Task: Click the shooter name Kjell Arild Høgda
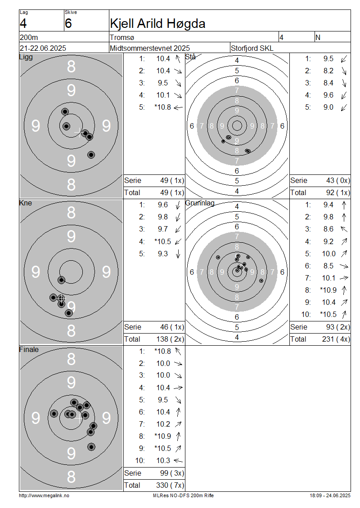157,24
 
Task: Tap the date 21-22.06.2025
43,48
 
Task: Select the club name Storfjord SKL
252,48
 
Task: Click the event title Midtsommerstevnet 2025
150,48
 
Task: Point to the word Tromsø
122,38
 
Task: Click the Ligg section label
26,58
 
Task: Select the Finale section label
29,350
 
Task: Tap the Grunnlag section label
200,203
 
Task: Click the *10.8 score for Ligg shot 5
162,107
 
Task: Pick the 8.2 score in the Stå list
328,71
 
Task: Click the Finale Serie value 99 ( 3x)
172,473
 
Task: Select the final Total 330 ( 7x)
170,486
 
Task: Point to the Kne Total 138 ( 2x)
170,339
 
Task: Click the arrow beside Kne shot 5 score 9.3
178,254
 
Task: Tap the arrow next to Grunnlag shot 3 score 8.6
344,229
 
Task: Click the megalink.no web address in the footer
44,495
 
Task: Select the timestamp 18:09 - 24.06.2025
330,495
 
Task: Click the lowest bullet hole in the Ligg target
91,155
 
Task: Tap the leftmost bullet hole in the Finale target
54,414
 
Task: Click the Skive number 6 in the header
68,24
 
